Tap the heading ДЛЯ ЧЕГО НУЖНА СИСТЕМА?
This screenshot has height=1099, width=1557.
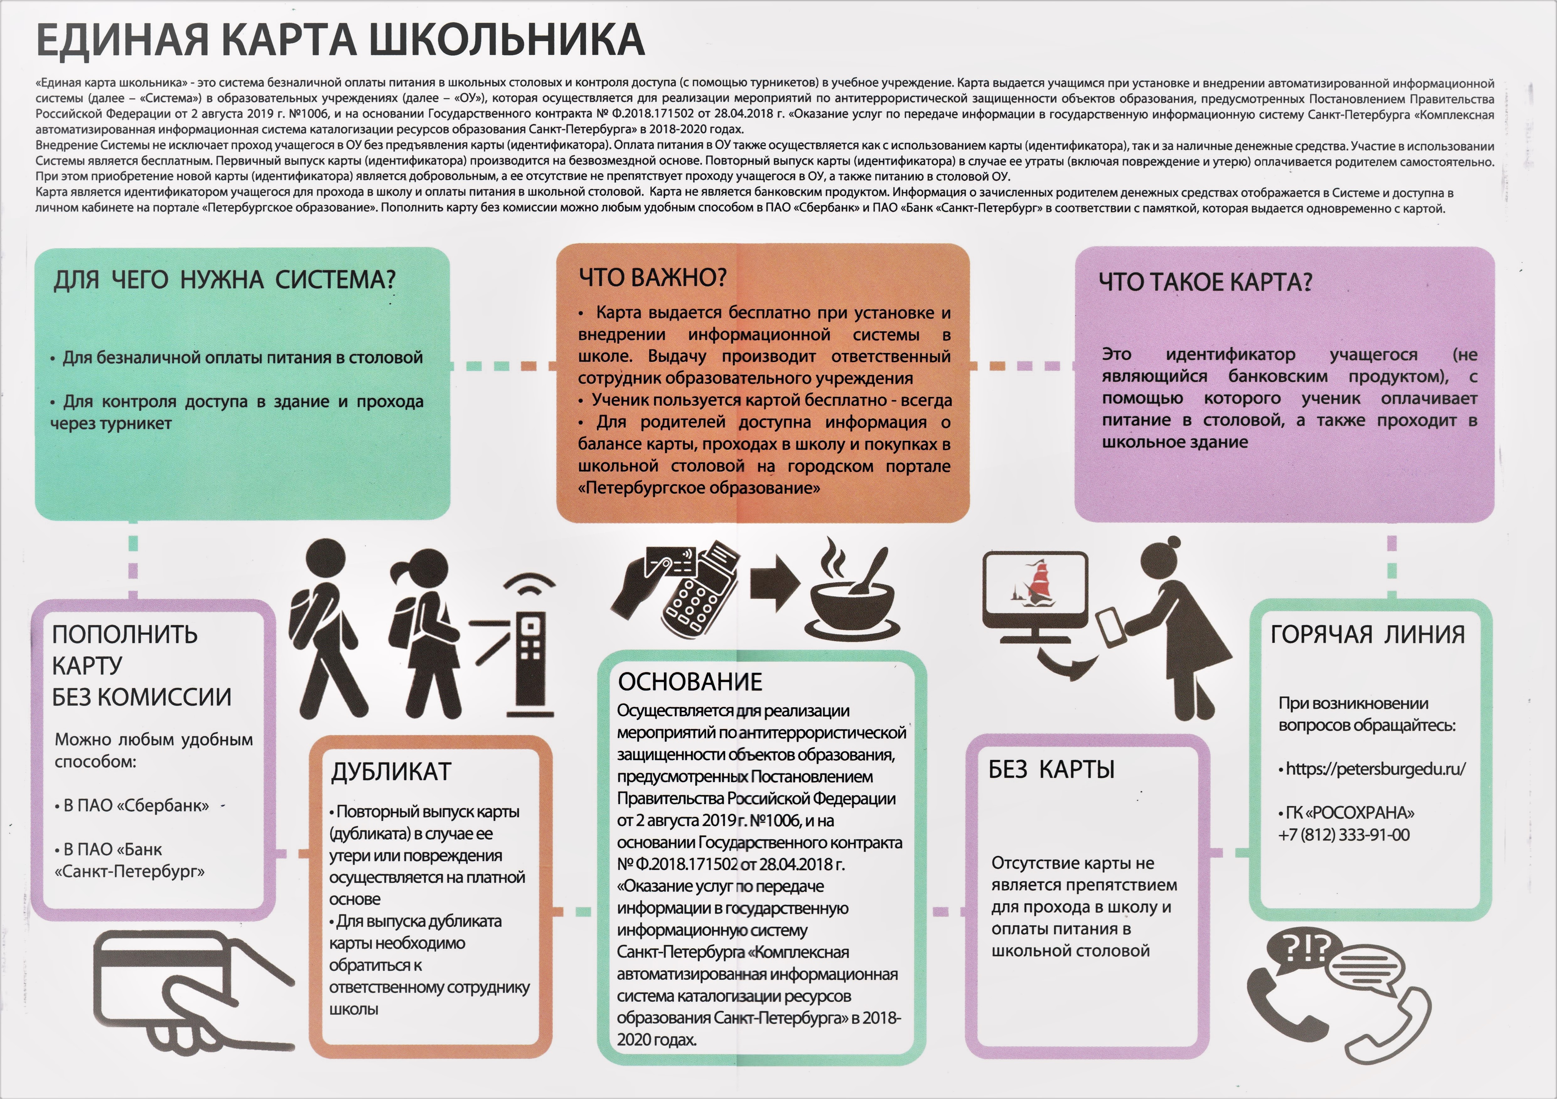[224, 279]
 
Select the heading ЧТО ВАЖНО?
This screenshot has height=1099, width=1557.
[652, 277]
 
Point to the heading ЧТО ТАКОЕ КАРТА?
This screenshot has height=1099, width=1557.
[1205, 281]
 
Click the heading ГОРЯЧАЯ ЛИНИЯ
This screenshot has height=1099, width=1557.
[1367, 634]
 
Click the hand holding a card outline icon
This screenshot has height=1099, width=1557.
[190, 990]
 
